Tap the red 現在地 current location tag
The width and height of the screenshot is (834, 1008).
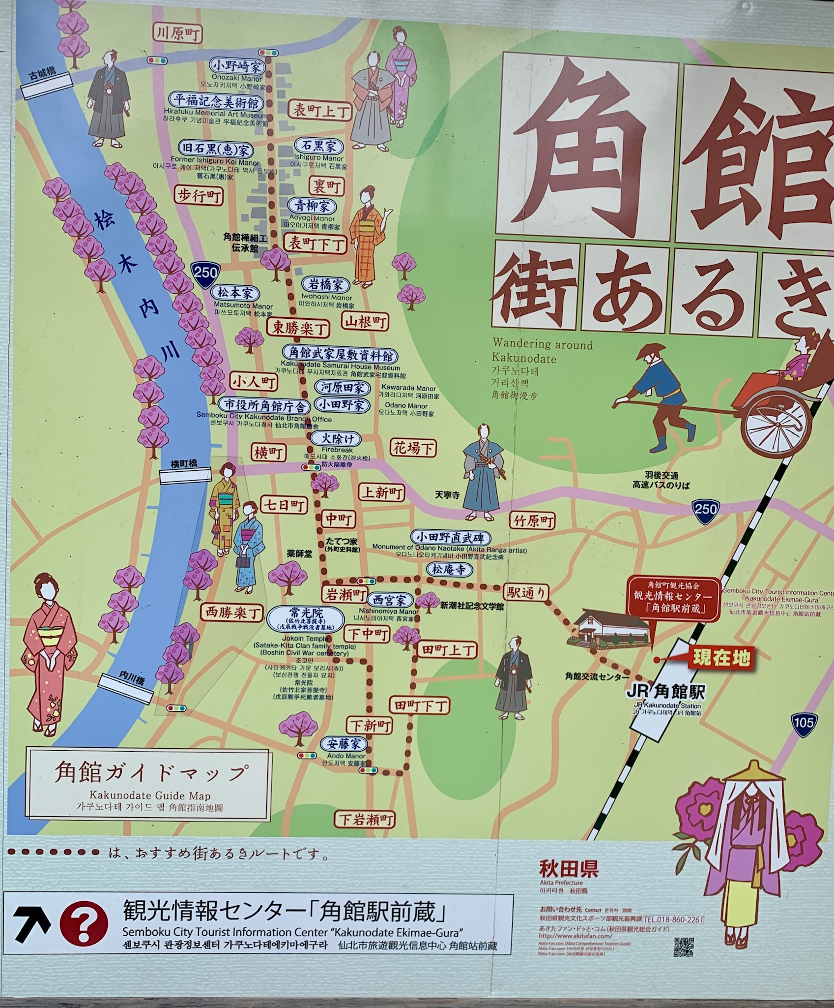(x=720, y=657)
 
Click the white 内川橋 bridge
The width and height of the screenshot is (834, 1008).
(x=125, y=689)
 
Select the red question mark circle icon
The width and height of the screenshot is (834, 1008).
(x=83, y=923)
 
